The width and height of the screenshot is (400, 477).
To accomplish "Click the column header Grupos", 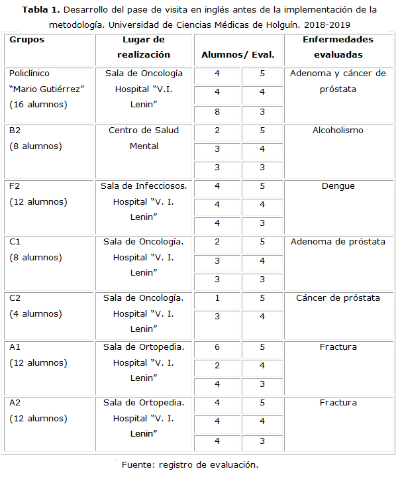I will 27,40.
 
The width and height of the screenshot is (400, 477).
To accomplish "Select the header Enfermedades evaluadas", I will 338,47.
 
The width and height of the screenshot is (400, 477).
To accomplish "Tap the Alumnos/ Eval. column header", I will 238,55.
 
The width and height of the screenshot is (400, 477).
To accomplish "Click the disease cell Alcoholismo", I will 338,131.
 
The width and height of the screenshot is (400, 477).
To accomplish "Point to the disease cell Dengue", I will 338,186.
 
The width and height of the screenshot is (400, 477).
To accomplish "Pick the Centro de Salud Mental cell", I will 144,138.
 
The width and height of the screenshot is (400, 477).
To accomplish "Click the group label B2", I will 16,131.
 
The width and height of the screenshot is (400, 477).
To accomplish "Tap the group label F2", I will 16,186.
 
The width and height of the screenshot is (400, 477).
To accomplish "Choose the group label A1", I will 16,346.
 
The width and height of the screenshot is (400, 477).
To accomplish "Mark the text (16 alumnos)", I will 38,104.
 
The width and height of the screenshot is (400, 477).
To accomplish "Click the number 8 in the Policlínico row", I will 217,112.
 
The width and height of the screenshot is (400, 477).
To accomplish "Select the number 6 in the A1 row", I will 217,346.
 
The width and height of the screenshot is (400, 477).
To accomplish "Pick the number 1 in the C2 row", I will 217,298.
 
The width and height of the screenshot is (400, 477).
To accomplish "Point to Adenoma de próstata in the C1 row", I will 338,242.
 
